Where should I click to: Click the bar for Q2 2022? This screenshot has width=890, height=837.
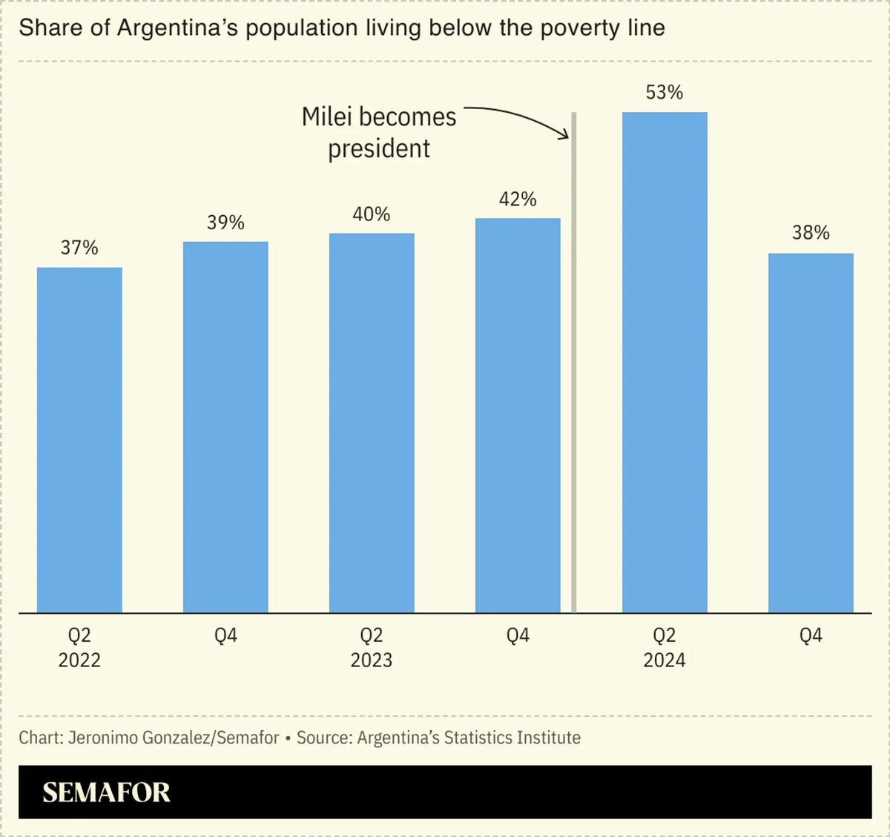coord(79,439)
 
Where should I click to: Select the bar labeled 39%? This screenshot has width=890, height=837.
coord(225,427)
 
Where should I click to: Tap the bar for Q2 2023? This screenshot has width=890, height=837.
coord(372,423)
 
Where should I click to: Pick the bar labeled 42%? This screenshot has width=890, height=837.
coord(518,416)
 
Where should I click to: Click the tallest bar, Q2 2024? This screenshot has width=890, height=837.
coord(665,362)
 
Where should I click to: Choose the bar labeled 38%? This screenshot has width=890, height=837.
coord(811,433)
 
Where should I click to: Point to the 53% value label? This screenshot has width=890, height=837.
coord(665,93)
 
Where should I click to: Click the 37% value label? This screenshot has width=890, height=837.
coord(79,248)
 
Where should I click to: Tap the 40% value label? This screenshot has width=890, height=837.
coord(372,214)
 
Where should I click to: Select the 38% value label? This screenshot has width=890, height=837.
coord(811,233)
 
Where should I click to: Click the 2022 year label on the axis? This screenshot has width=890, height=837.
coord(79,660)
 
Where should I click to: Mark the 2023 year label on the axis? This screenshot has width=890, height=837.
coord(372,660)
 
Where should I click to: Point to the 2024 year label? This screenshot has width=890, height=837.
coord(665,660)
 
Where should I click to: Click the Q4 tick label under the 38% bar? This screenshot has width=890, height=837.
coord(811,636)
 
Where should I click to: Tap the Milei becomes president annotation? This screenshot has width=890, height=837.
coord(379,133)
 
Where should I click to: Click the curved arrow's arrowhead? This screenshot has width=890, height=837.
coord(565,134)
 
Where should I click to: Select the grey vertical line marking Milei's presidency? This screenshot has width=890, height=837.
coord(574,371)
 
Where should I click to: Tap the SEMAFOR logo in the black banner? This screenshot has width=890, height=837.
coord(106,792)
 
